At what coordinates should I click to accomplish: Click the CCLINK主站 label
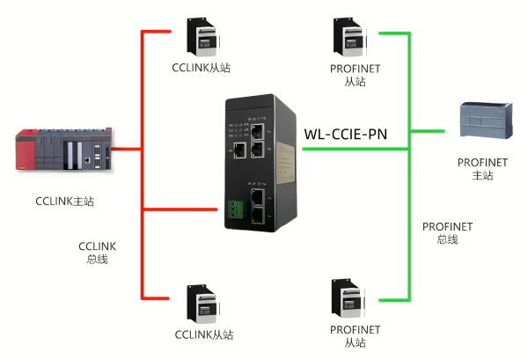66,202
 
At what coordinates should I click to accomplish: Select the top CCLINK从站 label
203,68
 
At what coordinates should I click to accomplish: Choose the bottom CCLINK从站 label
203,335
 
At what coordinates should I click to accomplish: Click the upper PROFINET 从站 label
355,75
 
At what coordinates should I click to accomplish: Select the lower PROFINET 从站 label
355,336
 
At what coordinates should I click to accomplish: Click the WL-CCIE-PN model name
345,135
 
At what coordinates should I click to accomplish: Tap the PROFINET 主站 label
482,169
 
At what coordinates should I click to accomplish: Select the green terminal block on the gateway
233,209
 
